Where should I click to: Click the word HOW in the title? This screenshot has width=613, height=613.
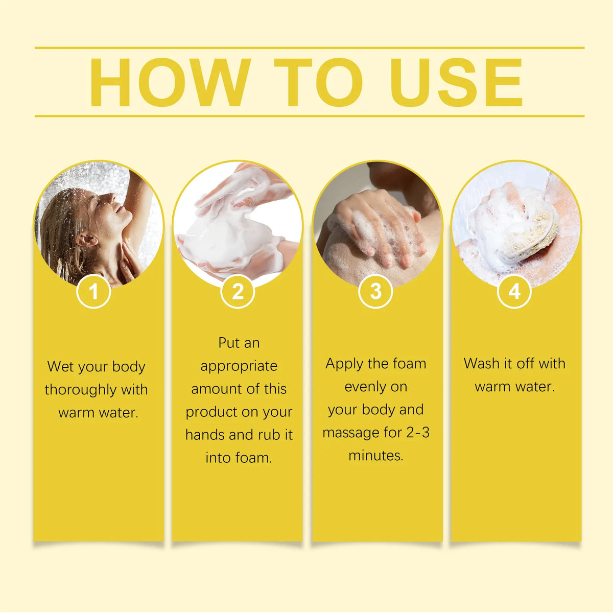click(171, 82)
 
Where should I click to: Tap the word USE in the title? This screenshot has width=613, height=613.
click(457, 82)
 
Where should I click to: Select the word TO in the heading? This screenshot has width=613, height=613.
click(318, 82)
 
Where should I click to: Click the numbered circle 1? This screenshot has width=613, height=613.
click(93, 291)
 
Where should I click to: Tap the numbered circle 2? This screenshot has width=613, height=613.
click(238, 291)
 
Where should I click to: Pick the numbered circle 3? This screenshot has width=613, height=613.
click(375, 291)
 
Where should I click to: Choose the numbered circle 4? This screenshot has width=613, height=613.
click(514, 291)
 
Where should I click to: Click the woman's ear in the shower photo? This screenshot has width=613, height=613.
click(85, 239)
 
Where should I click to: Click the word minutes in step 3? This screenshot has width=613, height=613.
click(375, 456)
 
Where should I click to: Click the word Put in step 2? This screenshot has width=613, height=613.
click(228, 343)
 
